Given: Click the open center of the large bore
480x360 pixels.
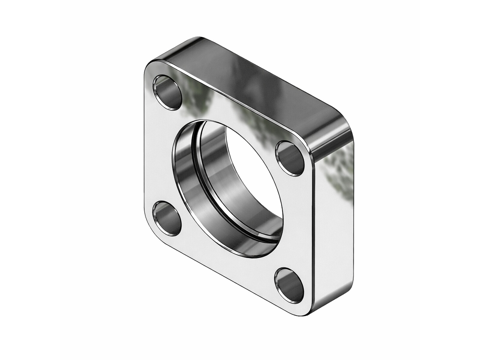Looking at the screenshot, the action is [252, 168].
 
